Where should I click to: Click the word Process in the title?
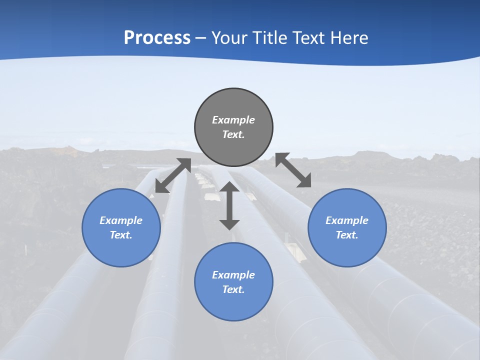tap(157, 38)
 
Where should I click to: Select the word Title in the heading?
tap(270, 38)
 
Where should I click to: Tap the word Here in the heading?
tap(349, 38)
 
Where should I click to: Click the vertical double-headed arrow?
tap(229, 205)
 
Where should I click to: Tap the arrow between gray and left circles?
tap(173, 175)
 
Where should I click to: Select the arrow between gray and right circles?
tap(293, 170)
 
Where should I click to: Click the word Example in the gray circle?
tap(233, 120)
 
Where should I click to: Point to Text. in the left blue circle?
tap(121, 235)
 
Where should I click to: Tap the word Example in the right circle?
tap(347, 220)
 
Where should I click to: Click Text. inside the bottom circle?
tap(233, 289)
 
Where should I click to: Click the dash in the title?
tap(201, 38)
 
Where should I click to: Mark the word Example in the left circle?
tap(121, 220)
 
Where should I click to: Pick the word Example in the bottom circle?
tap(233, 275)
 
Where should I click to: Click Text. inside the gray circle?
tap(233, 134)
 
